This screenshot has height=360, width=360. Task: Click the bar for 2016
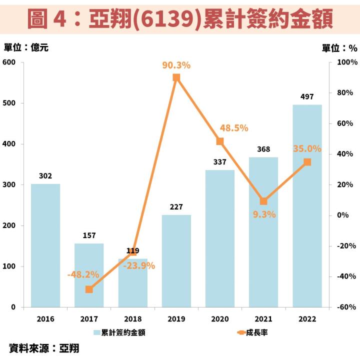pos(45,245)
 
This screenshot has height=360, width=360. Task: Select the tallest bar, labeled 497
pos(307,205)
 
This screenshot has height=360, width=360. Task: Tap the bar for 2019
pos(176,260)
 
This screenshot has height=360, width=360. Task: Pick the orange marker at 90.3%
pos(176,77)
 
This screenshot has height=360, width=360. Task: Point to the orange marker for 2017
pos(89,289)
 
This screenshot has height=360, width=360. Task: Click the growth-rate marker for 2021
pos(263,201)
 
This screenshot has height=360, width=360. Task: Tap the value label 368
pos(263,149)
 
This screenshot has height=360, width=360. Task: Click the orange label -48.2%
pos(83,274)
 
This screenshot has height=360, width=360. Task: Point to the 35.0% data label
pos(307,148)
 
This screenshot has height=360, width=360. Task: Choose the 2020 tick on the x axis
pos(220,318)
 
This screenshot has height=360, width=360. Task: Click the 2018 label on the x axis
pos(132,318)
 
